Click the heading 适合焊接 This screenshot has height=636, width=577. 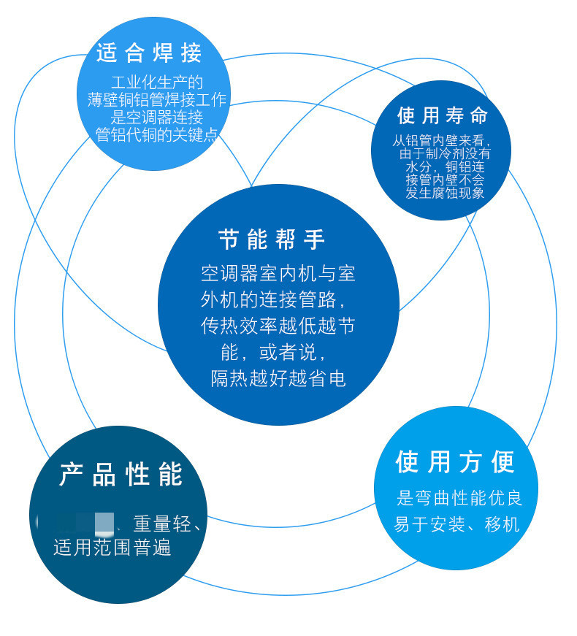[149, 53]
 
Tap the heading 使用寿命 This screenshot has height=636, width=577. [442, 115]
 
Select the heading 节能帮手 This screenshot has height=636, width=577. [272, 239]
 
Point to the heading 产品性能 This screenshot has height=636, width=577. [121, 475]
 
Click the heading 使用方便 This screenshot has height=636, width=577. [455, 461]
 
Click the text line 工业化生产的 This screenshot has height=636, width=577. [156, 82]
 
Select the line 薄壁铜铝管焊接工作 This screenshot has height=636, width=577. [156, 100]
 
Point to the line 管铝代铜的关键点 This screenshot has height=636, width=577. [156, 134]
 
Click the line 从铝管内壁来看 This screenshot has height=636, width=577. [441, 140]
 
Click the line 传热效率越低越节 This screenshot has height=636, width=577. [278, 326]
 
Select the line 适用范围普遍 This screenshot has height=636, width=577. [112, 547]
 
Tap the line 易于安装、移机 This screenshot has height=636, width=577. [456, 524]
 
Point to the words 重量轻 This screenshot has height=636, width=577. [161, 524]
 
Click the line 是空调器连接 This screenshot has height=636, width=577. [156, 117]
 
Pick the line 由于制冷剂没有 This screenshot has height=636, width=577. [445, 154]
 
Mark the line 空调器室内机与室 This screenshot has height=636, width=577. [278, 273]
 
